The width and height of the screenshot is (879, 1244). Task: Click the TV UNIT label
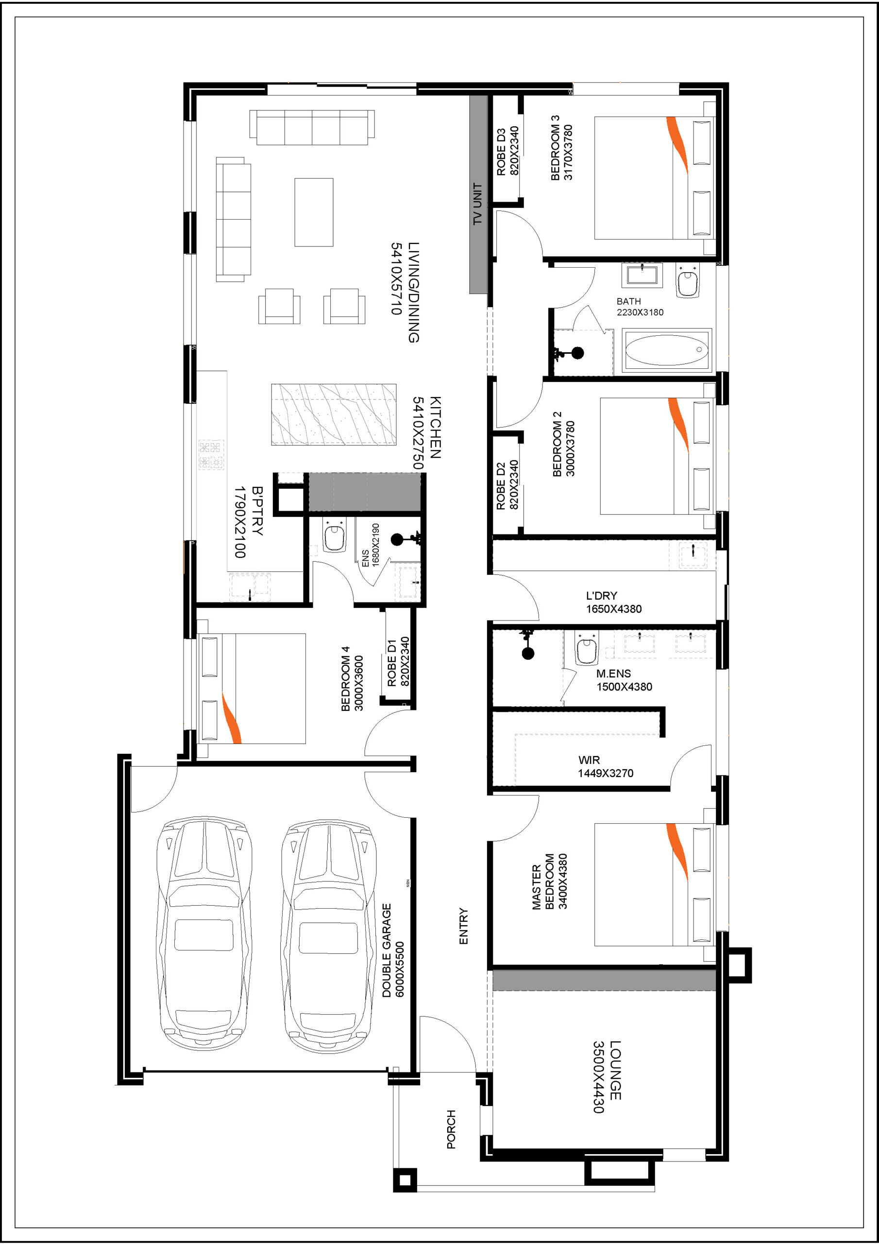(477, 203)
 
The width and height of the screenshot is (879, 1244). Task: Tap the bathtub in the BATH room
(667, 350)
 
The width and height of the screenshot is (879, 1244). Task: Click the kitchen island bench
(334, 415)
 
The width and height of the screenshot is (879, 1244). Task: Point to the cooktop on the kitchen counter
(211, 454)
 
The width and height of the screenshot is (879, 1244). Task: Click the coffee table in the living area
(314, 212)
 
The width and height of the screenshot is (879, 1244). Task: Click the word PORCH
(451, 1129)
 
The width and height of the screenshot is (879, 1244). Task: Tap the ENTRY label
(464, 927)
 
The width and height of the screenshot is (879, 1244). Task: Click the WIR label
(589, 760)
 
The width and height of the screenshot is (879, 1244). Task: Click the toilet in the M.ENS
(587, 648)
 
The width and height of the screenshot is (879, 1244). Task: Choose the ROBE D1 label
(392, 663)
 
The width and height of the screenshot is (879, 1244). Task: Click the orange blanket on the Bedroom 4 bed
(231, 717)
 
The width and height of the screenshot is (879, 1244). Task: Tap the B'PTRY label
(257, 511)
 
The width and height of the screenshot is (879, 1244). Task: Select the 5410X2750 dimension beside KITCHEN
(418, 432)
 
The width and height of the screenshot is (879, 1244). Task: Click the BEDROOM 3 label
(555, 147)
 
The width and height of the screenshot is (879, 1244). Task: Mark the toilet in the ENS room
(334, 536)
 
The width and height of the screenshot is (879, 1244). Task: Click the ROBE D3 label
(501, 151)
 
